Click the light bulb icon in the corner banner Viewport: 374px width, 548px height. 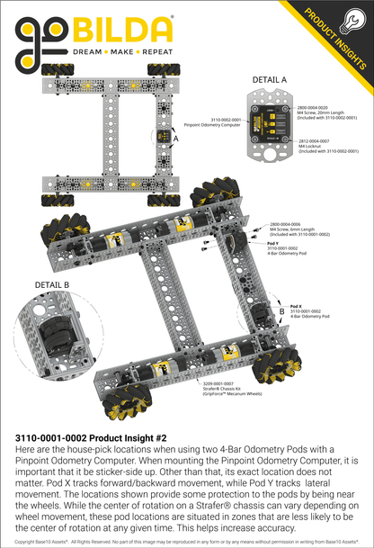pyautogui.click(x=357, y=15)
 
